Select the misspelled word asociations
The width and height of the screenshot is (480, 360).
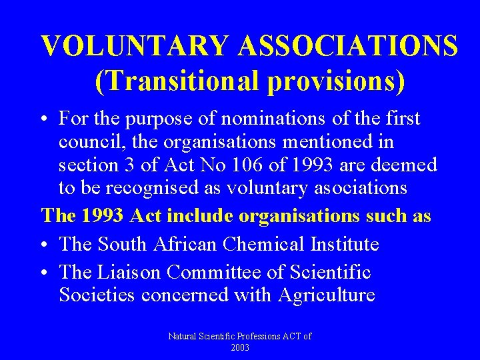click(353, 188)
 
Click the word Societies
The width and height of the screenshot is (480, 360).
click(97, 295)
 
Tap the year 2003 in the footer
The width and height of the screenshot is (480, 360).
click(240, 347)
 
